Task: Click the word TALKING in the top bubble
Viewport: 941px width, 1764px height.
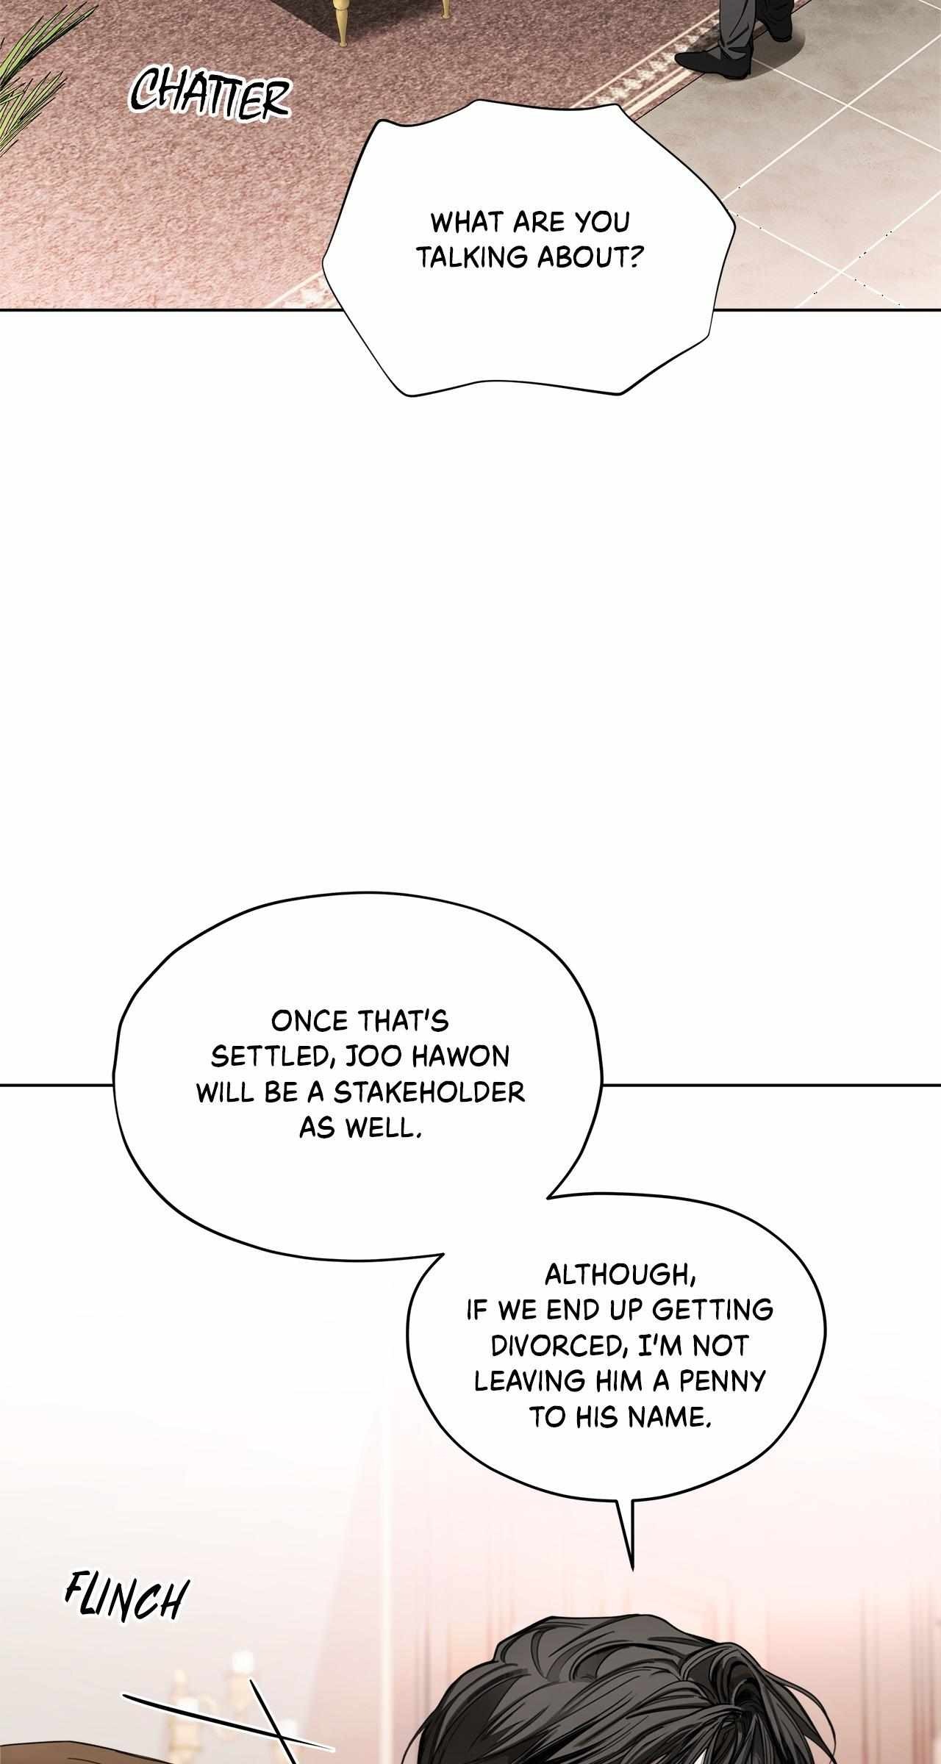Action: [x=475, y=257]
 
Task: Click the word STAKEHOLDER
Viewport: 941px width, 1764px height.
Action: [x=429, y=1091]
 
